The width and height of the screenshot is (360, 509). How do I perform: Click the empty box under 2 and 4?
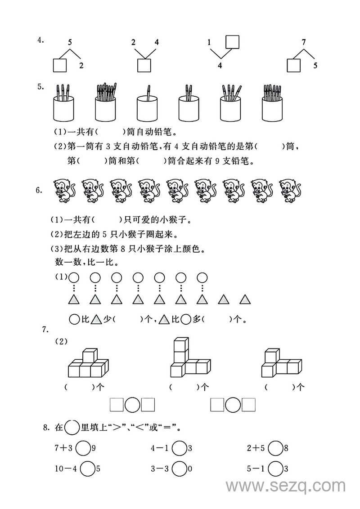click(x=144, y=66)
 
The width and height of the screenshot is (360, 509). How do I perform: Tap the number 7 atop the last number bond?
click(x=304, y=43)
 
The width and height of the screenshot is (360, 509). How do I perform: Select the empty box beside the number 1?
click(x=232, y=42)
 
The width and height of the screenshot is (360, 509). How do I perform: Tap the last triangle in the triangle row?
click(x=244, y=299)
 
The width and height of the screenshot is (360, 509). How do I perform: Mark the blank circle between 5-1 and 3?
click(x=275, y=469)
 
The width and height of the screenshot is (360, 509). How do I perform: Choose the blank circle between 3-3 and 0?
click(x=179, y=469)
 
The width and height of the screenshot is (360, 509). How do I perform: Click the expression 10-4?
click(x=65, y=469)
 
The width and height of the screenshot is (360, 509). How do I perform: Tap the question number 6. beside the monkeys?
click(x=40, y=190)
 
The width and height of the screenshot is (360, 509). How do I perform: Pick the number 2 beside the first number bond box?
click(x=81, y=66)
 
